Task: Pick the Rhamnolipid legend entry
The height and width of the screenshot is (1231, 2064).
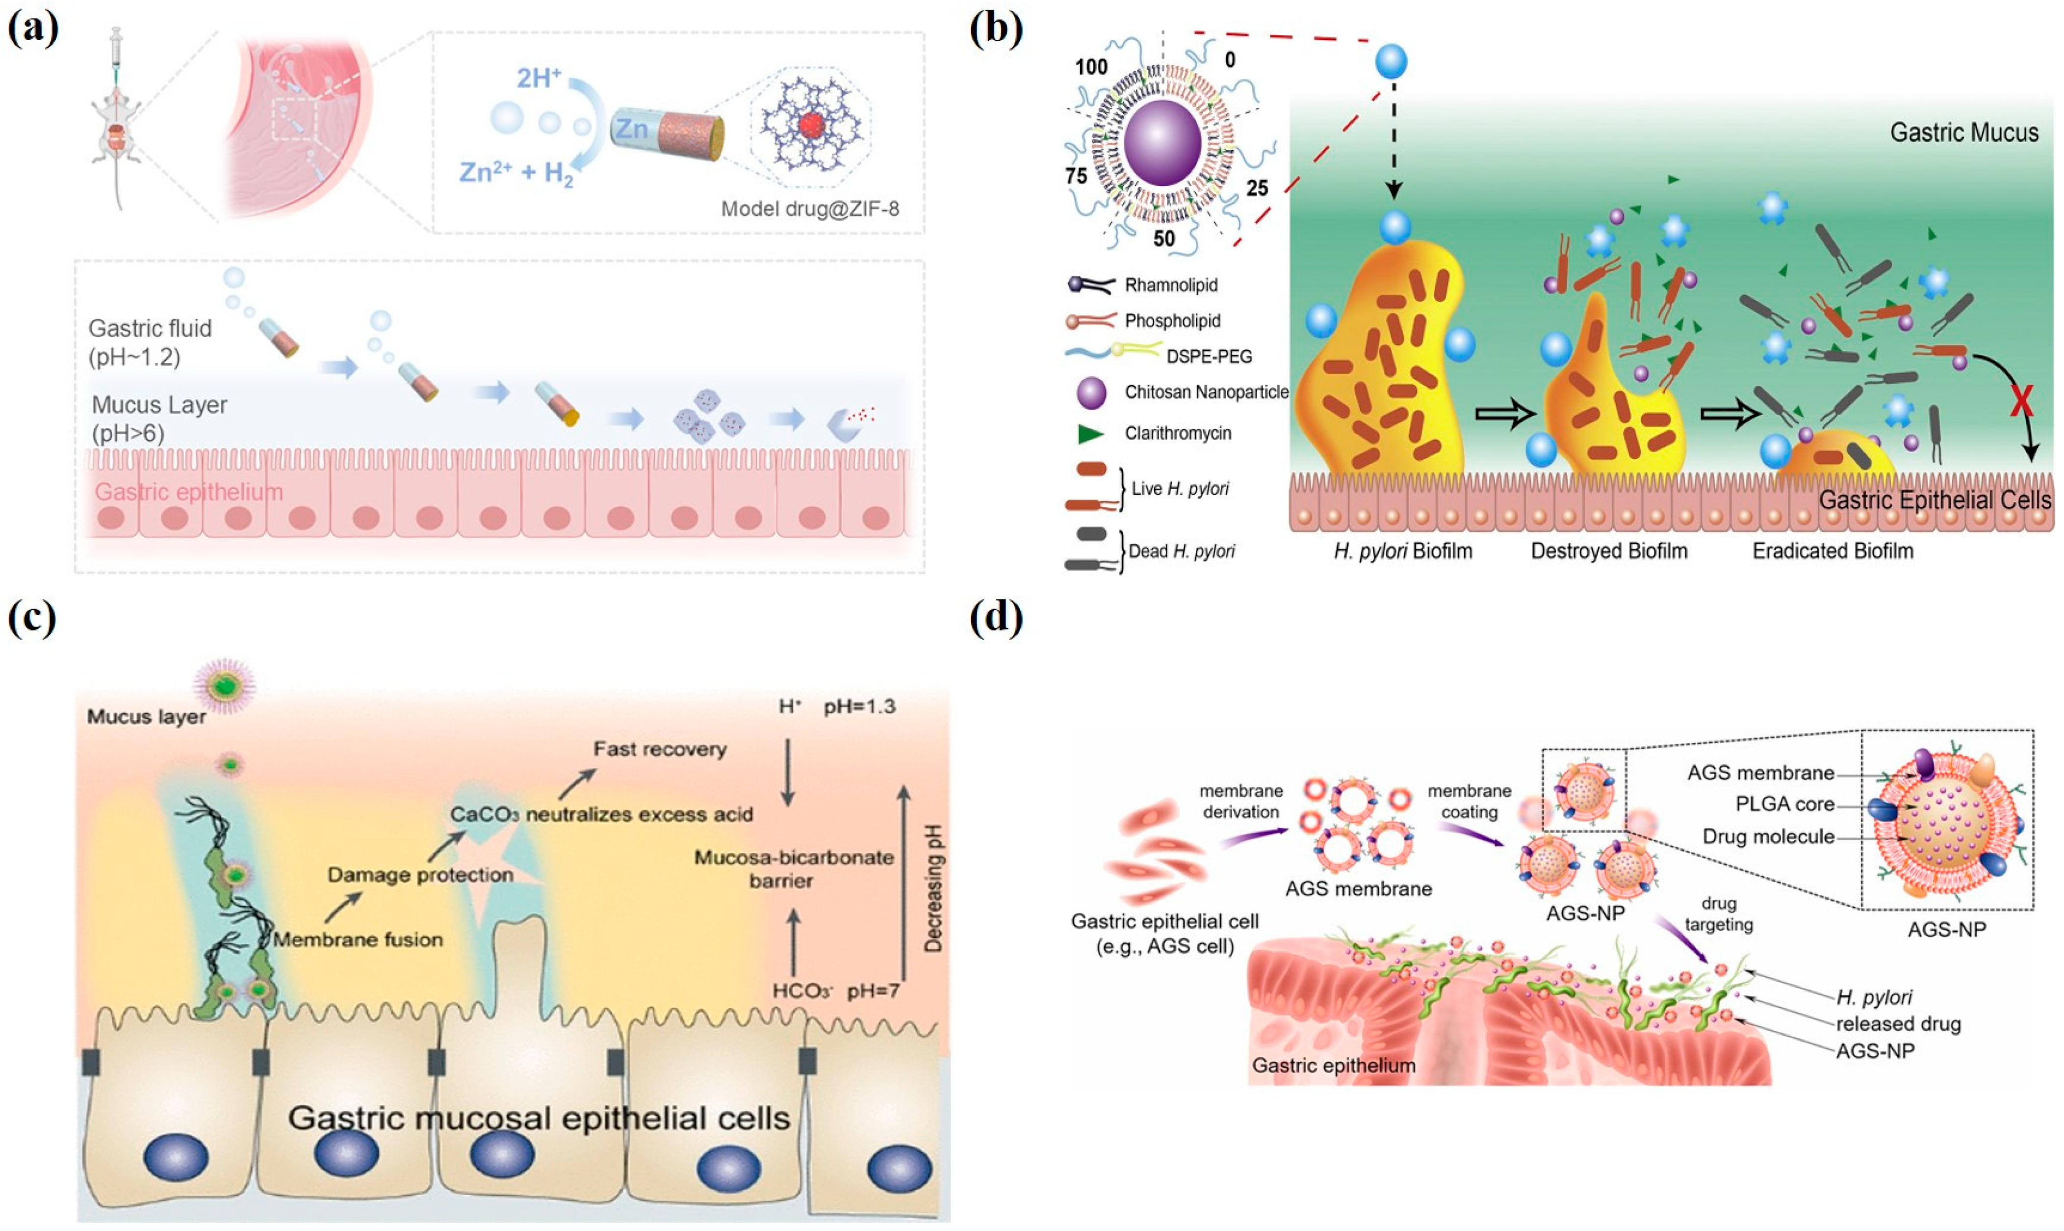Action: pos(1170,286)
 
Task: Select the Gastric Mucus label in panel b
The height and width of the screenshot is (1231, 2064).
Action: pos(1963,133)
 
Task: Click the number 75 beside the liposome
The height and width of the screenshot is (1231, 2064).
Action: pos(1076,176)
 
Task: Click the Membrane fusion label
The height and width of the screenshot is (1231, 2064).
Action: pos(358,940)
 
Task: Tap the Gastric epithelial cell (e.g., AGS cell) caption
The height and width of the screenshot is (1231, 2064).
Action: pos(1164,933)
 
